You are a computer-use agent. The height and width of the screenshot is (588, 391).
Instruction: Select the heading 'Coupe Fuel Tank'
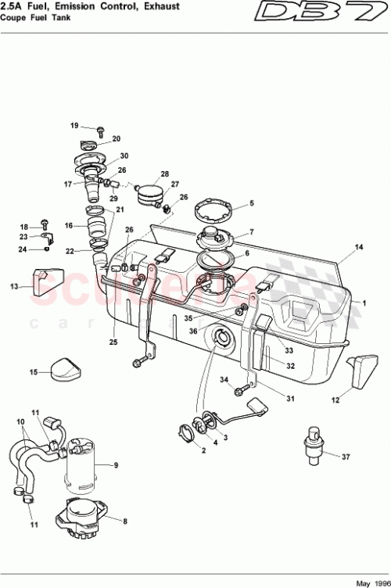pyautogui.click(x=34, y=20)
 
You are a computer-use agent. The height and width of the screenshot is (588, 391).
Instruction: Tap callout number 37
pyautogui.click(x=346, y=457)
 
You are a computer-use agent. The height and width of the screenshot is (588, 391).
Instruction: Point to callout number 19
pyautogui.click(x=75, y=125)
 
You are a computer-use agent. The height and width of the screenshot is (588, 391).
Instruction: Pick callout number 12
pyautogui.click(x=336, y=400)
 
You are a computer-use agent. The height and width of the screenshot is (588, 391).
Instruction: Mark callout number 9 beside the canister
pyautogui.click(x=115, y=466)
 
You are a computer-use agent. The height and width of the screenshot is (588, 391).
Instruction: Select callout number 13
pyautogui.click(x=13, y=287)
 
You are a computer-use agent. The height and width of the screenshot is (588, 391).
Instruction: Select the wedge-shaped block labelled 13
pyautogui.click(x=47, y=281)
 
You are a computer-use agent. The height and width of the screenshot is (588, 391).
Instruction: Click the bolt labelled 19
pyautogui.click(x=101, y=128)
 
